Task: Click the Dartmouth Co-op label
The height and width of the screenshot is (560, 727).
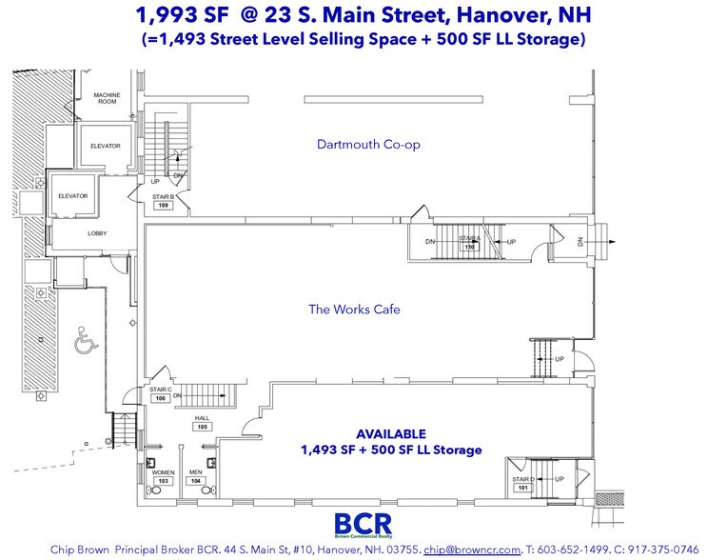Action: (x=368, y=145)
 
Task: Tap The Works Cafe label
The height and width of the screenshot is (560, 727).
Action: (x=354, y=309)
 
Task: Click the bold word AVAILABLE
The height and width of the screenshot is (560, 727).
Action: (x=390, y=433)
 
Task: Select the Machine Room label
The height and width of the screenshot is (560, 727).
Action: (x=106, y=98)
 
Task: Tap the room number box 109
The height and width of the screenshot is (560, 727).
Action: (x=163, y=204)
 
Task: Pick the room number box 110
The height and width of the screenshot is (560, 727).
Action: (x=468, y=247)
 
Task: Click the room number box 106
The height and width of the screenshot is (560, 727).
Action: (x=162, y=398)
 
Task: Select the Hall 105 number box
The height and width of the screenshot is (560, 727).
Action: (x=202, y=427)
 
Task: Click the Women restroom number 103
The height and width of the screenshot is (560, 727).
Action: (x=163, y=481)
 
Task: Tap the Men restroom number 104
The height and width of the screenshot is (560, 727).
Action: (x=196, y=481)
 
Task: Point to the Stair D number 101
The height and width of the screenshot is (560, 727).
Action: (x=521, y=488)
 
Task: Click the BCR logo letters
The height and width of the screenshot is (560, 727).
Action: (x=363, y=523)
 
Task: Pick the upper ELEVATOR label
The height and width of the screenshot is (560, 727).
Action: (x=106, y=146)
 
